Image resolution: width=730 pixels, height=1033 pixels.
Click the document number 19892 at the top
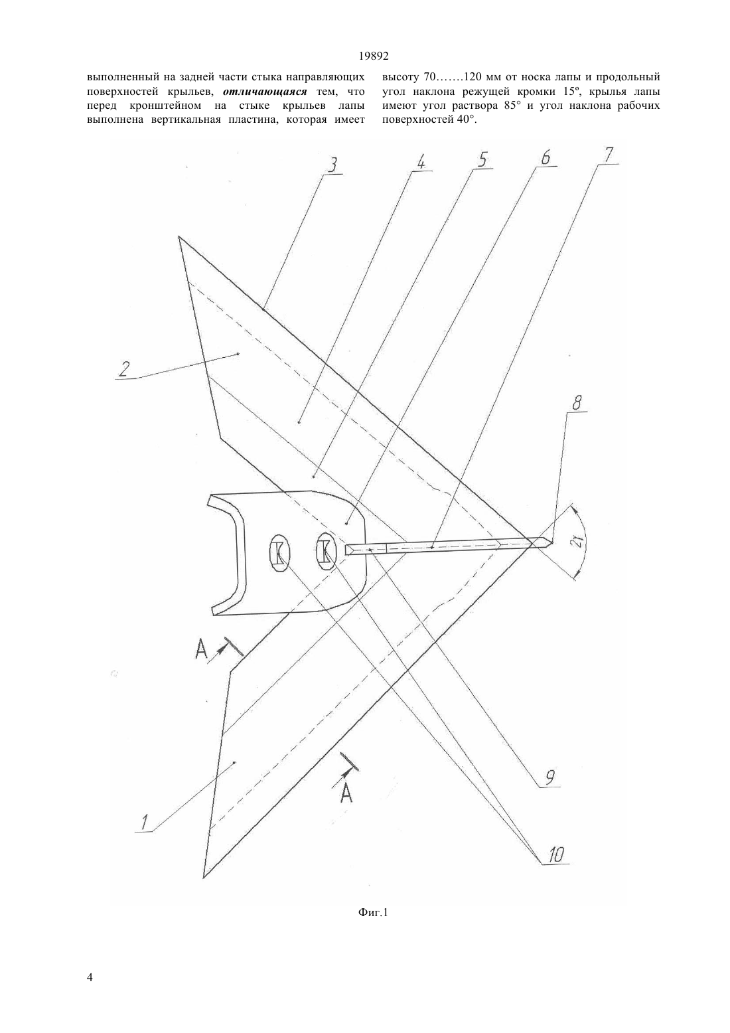click(x=373, y=56)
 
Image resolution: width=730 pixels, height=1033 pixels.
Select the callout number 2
click(x=123, y=368)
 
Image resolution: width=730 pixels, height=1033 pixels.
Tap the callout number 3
click(x=334, y=165)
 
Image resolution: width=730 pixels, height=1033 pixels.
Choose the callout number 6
click(x=546, y=157)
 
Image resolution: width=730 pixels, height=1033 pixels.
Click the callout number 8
click(x=577, y=404)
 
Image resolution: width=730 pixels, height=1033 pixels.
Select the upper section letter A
click(x=201, y=650)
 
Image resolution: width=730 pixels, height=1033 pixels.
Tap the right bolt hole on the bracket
click(x=325, y=550)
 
